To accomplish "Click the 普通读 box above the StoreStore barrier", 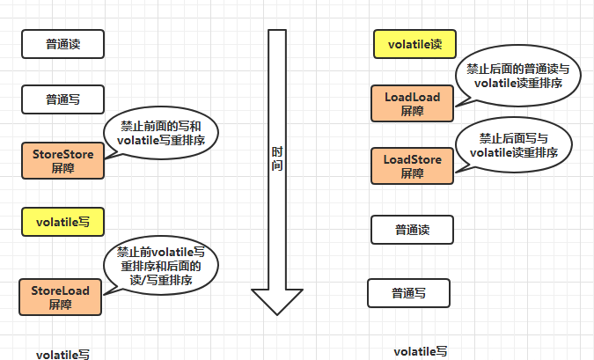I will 62,43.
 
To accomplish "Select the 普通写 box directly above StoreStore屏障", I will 62,99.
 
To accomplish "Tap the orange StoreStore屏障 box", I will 62,161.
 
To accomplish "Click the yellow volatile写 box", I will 62,221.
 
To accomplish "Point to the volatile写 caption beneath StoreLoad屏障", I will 62,354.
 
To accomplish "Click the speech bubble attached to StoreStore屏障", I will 161,133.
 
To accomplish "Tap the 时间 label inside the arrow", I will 277,158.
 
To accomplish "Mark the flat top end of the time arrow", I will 277,33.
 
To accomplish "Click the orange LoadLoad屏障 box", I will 412,104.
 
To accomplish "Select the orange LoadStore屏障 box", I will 412,165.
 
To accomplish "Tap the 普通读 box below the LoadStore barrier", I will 411,230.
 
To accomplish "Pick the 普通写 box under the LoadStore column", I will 408,292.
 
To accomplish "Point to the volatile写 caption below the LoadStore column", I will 420,350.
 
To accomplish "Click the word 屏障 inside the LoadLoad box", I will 412,112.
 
